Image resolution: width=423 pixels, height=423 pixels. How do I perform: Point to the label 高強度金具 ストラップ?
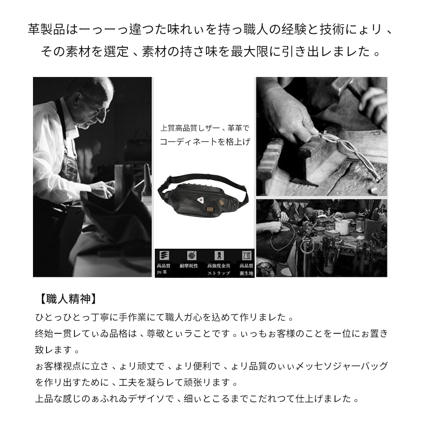click(219, 269)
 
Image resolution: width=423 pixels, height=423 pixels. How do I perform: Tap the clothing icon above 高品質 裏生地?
click(246, 255)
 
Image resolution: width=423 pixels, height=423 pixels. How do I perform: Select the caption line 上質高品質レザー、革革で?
click(205, 128)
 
